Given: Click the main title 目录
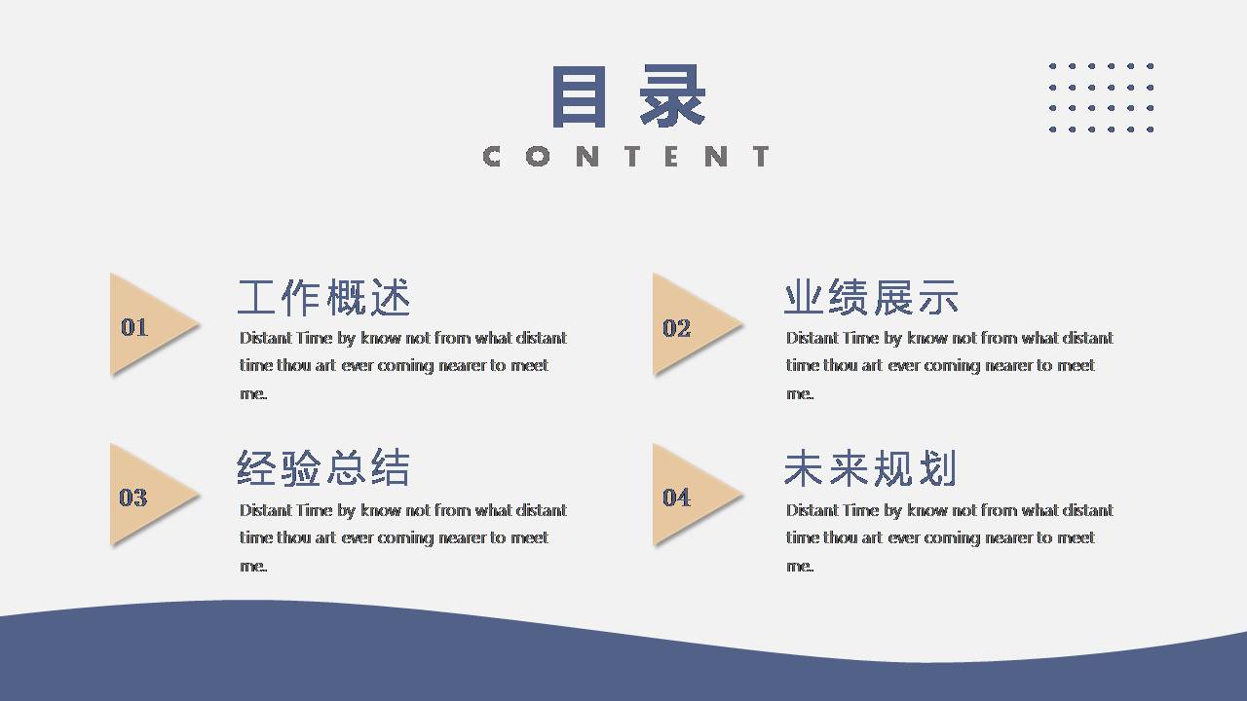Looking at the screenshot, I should coord(628,96).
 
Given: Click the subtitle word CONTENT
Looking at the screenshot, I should coord(626,156).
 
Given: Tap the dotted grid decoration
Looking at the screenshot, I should coord(1101,97).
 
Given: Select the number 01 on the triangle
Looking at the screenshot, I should coord(134,327).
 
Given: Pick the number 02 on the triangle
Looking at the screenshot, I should coord(676,328).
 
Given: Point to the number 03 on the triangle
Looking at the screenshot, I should coord(133,498).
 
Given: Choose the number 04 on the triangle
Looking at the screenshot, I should coord(676,498).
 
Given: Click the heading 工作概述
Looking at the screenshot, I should coord(324,297).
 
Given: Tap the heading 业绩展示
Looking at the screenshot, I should coord(871,297).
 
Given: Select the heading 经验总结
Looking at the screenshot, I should coord(323,468).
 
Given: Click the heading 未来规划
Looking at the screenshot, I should coord(870,468).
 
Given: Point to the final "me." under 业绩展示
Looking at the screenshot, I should coord(800,393).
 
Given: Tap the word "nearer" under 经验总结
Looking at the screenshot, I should coord(456,537).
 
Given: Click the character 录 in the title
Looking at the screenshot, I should coord(673,96).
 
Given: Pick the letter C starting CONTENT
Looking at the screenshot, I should coord(493,156).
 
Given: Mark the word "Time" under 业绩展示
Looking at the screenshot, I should coord(860,338).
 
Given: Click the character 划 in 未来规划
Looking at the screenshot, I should coord(938,468).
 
